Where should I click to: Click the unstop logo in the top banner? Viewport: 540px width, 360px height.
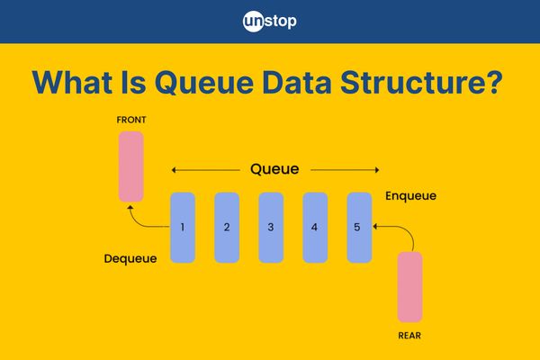pos(270,21)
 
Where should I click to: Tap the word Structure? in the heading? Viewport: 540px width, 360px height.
pos(431,84)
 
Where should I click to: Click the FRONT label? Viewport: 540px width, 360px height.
pos(130,120)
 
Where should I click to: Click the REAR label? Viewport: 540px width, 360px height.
pos(409,335)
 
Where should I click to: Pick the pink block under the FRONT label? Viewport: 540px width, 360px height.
pos(130,166)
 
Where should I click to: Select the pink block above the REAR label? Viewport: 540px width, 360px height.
pos(409,286)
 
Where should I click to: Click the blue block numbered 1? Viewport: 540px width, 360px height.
pos(183,227)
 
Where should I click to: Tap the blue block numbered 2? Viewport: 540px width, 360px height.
pos(227,227)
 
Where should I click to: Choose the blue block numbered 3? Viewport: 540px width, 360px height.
pos(271,227)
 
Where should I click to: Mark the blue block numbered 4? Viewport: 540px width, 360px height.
pos(315,227)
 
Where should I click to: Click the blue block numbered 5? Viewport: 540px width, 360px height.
pos(359,227)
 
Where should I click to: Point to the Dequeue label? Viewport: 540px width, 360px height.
pos(130,258)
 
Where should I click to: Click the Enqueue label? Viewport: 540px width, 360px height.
pos(411,194)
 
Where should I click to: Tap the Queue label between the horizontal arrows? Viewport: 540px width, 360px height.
pos(274,168)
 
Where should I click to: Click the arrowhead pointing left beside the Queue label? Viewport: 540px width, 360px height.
pos(174,169)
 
